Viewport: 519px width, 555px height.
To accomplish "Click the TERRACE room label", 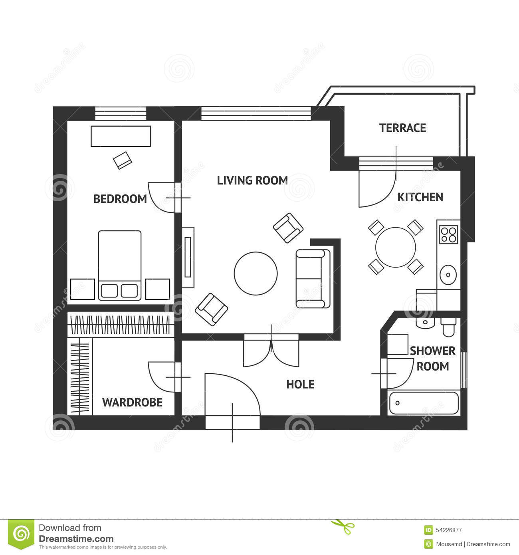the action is (402, 128).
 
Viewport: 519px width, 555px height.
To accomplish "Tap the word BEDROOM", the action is (120, 199).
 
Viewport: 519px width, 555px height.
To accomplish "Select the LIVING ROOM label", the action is (252, 180).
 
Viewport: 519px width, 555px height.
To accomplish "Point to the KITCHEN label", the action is (420, 197).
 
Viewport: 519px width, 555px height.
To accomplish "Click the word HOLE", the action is (300, 385).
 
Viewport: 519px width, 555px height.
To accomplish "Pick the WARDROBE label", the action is (132, 402).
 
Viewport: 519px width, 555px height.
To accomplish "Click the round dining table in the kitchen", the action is (396, 247).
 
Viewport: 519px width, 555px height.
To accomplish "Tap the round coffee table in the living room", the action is (256, 274).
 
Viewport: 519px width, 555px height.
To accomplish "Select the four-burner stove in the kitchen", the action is (448, 234).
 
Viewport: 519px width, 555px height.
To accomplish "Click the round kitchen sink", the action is (448, 275).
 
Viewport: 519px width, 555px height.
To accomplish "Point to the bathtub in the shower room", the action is (424, 403).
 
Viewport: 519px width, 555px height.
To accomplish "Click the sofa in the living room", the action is (313, 279).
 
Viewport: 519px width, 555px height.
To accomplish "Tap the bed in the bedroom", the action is (120, 266).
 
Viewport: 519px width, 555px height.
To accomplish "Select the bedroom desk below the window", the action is (121, 136).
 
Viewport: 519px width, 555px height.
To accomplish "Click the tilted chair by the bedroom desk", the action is (123, 161).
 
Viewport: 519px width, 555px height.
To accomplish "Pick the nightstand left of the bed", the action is (83, 289).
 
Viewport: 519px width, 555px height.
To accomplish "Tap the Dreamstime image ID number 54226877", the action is (449, 530).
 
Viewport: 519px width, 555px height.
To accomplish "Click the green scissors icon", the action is (343, 527).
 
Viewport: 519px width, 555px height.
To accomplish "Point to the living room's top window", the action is (256, 113).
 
